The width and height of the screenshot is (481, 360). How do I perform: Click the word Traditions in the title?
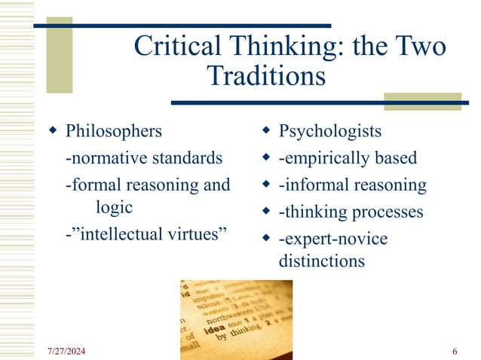click(x=266, y=76)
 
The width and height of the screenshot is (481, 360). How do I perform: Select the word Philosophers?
click(x=114, y=131)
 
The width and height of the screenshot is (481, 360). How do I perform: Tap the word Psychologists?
click(x=330, y=131)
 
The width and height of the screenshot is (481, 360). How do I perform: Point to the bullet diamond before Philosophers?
click(x=52, y=132)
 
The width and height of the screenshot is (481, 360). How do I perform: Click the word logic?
click(x=115, y=206)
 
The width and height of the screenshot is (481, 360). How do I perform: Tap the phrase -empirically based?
click(x=348, y=158)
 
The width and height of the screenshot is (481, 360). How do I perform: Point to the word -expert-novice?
click(x=332, y=239)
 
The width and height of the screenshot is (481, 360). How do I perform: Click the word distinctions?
click(x=321, y=261)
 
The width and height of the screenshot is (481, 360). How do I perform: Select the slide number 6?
click(x=455, y=352)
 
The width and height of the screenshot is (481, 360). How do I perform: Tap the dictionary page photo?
click(x=235, y=316)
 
